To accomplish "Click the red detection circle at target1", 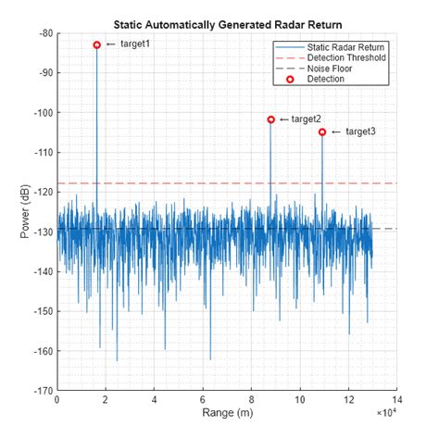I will coord(97,44).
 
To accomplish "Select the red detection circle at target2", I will coord(270,119).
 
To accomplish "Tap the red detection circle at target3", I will coord(322,132).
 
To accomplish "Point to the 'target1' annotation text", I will coord(135,44).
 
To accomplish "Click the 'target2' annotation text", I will coord(307,119).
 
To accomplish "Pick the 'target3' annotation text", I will coord(360,132).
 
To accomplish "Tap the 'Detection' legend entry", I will coord(326,80).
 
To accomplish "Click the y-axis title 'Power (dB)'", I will coord(25,212).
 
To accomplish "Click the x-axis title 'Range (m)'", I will coord(226,413).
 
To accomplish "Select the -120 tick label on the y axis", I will coord(42,192).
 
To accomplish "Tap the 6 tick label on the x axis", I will coord(202,401).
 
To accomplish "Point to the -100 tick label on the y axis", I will coord(42,113).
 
